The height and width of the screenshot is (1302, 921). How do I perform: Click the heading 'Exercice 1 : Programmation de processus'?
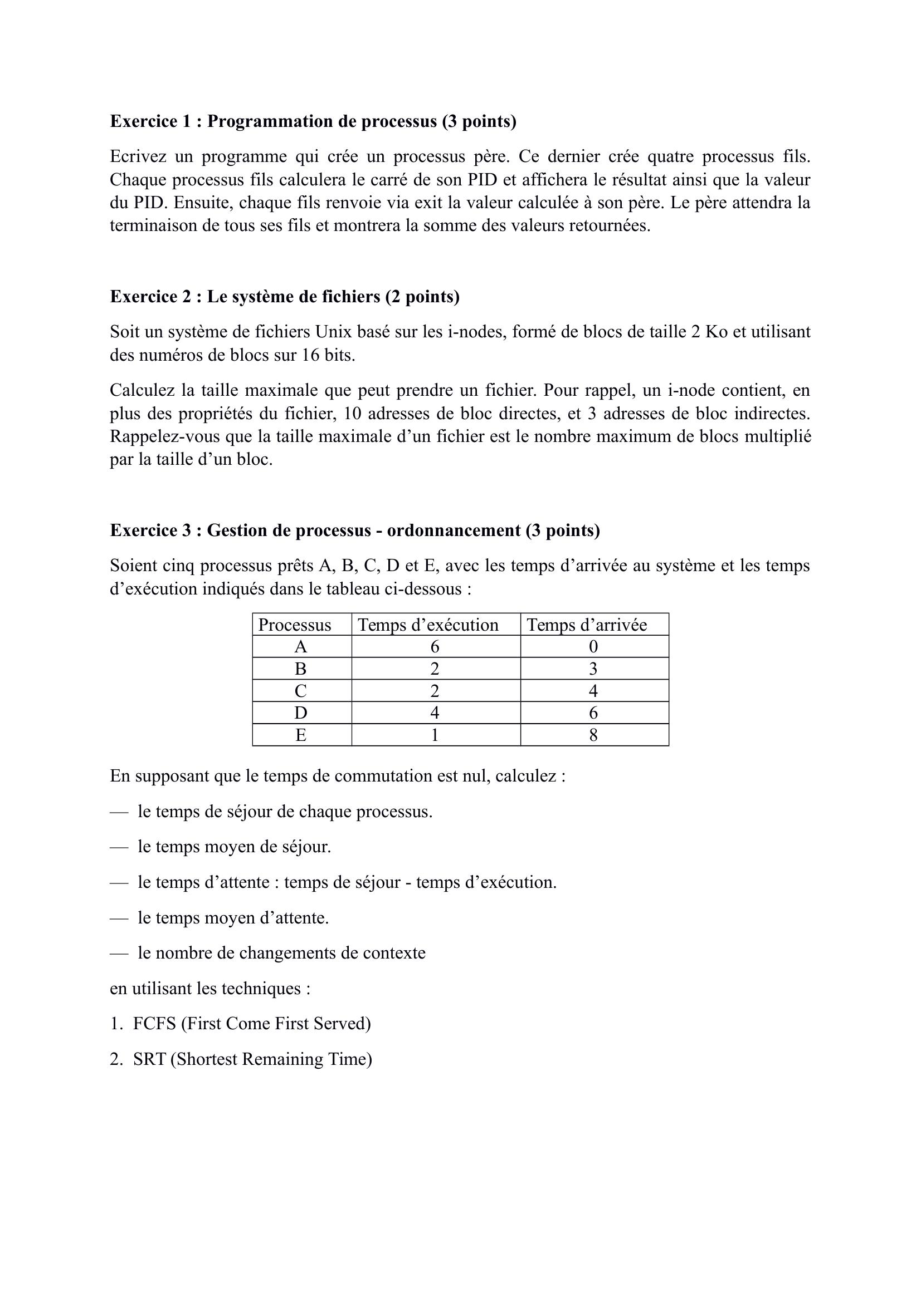tap(313, 121)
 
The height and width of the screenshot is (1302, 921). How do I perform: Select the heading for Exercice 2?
tap(284, 297)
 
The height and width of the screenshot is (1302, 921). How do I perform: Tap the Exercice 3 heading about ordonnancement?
tap(355, 530)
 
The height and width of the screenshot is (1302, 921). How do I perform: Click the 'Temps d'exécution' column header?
tap(428, 625)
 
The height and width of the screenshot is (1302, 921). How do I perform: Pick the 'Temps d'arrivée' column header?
tap(587, 625)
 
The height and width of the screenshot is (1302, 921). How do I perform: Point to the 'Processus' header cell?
tap(295, 625)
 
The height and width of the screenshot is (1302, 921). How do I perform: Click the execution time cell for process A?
tap(435, 647)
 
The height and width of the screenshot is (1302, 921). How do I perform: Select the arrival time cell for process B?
tap(593, 669)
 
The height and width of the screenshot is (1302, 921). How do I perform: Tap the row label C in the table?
tap(301, 691)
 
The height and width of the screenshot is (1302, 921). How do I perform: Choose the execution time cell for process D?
tap(435, 714)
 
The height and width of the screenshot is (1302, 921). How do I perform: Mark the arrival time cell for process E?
tap(593, 735)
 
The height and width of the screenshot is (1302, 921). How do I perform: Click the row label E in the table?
tap(301, 735)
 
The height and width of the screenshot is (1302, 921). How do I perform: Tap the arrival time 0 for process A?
tap(593, 647)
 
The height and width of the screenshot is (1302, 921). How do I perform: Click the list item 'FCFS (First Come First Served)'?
tap(251, 1024)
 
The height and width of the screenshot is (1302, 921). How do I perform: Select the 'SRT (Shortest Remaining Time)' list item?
tap(252, 1059)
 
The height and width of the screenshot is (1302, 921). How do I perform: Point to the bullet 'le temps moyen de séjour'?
tap(234, 847)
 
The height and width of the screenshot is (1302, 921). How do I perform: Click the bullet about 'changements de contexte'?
tap(281, 952)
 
